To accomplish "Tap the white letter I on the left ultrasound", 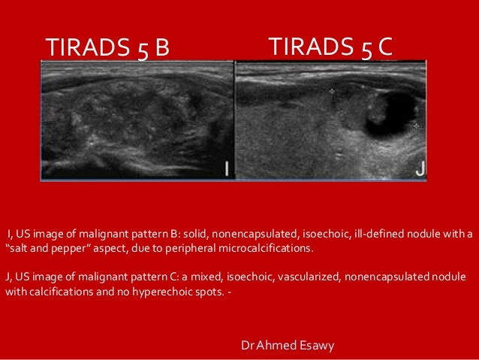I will point(226,169).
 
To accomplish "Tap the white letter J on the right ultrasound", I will point(420,169).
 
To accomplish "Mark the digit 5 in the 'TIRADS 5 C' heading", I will point(365,47).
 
